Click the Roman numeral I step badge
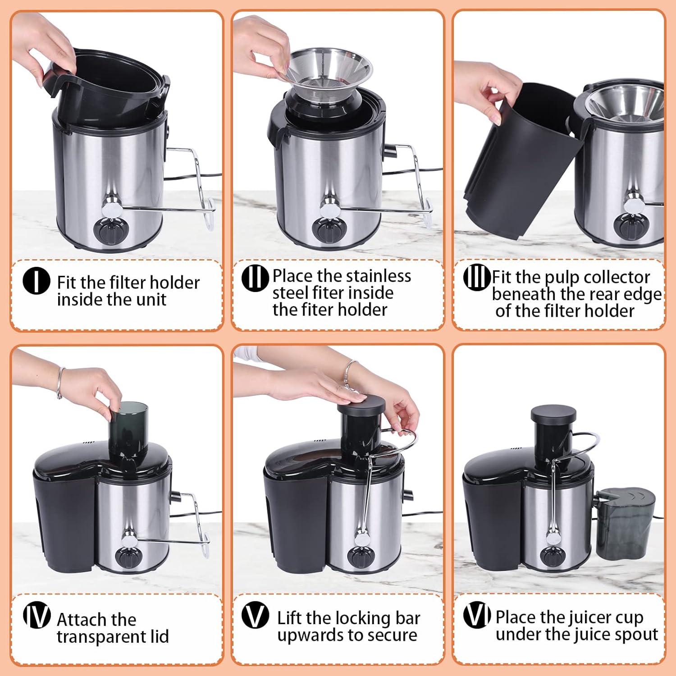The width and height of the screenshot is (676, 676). (37, 281)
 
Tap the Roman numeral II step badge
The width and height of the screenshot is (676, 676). (255, 278)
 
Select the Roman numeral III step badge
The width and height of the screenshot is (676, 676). (477, 277)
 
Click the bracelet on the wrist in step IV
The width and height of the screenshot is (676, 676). (60, 383)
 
